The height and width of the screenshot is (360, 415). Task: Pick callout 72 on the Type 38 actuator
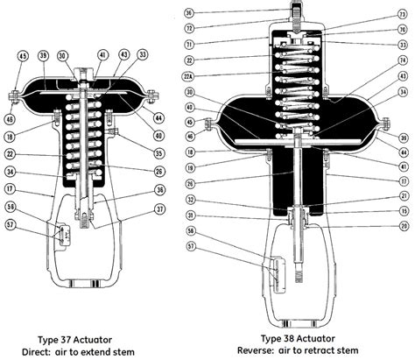190,28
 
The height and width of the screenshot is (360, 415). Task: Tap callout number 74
403,60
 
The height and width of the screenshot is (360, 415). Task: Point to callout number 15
403,211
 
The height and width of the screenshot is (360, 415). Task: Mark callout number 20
403,226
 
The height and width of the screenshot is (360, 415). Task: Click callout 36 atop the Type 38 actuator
190,13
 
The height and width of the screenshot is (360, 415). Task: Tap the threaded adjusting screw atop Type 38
296,15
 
